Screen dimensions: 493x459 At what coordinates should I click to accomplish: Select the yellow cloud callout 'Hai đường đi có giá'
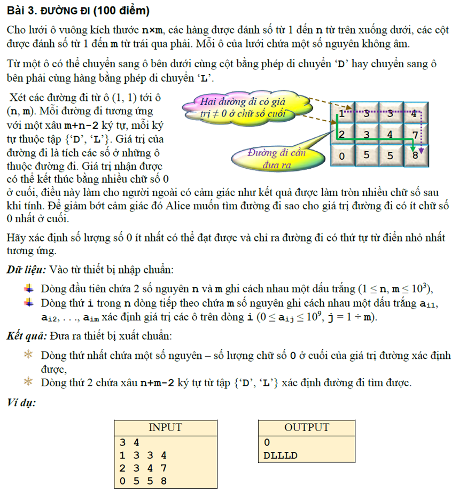[242, 107]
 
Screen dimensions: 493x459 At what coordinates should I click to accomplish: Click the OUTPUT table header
[307, 427]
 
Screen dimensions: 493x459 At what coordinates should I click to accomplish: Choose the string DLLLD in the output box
[280, 456]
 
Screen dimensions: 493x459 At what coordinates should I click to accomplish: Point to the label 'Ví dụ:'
[21, 402]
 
